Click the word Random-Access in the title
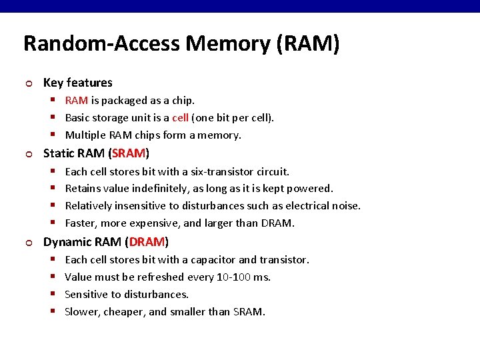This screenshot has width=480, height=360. pyautogui.click(x=102, y=44)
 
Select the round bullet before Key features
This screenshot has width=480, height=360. pyautogui.click(x=27, y=84)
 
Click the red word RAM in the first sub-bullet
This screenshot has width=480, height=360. pyautogui.click(x=77, y=101)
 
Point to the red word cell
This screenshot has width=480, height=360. pyautogui.click(x=180, y=118)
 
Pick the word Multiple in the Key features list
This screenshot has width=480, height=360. pyautogui.click(x=85, y=135)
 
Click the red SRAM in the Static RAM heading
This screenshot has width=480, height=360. pyautogui.click(x=129, y=153)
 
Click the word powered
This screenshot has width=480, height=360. pyautogui.click(x=311, y=189)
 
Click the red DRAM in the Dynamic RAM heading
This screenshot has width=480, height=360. pyautogui.click(x=147, y=241)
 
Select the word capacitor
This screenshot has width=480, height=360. pyautogui.click(x=211, y=259)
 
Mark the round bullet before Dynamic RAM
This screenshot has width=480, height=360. pyautogui.click(x=27, y=243)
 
